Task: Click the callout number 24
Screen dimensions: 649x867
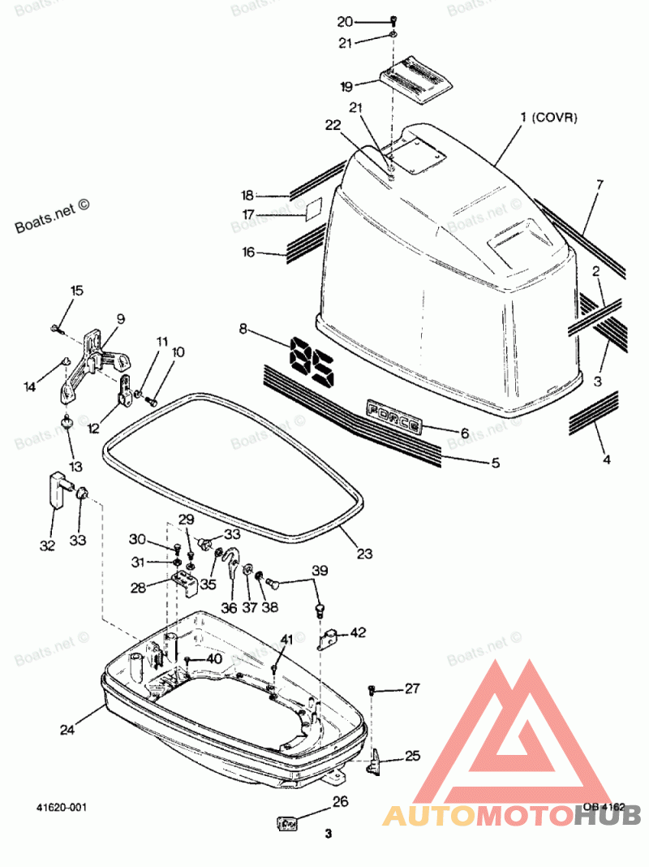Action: pos(67,730)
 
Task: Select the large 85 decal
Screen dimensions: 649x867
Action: pos(311,361)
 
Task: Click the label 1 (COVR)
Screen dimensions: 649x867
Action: pos(548,118)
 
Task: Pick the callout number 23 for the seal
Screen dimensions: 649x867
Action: pos(364,554)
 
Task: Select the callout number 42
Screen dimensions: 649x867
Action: pos(358,632)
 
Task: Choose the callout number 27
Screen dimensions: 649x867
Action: pos(412,689)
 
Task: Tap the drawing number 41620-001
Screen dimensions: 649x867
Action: pos(62,808)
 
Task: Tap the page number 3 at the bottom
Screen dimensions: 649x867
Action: pos(329,834)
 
